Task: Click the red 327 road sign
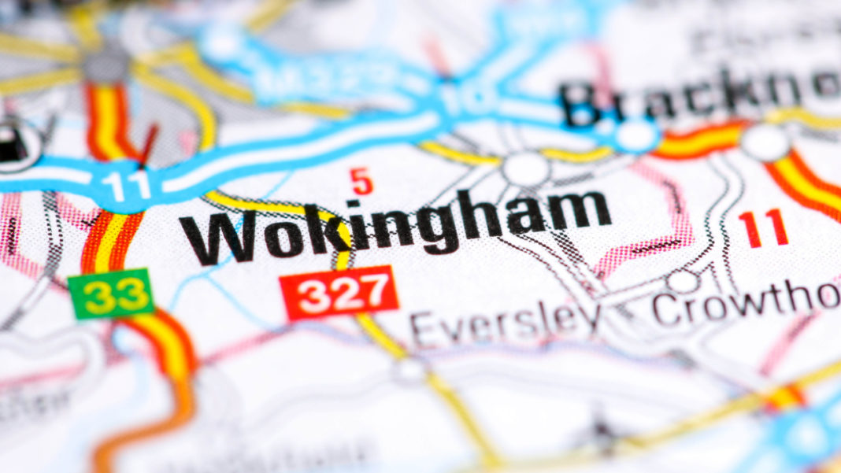tap(339, 292)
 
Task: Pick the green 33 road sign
tap(110, 294)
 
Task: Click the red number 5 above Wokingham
tap(362, 183)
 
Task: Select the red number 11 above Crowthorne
tap(764, 228)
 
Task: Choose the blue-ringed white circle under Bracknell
tap(636, 135)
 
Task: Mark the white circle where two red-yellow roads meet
tap(765, 142)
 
